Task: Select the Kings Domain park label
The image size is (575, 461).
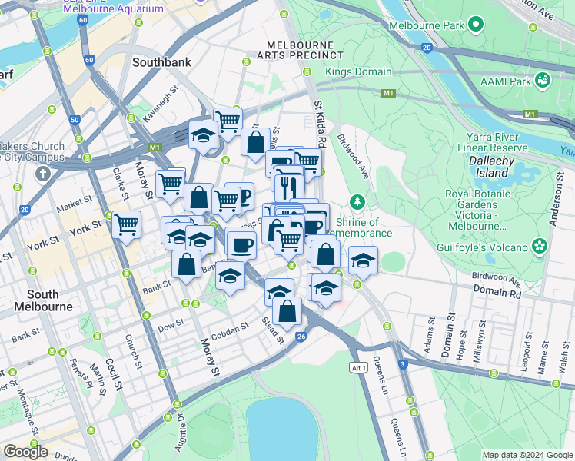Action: tap(358, 72)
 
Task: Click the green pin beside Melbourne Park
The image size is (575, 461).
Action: tap(476, 25)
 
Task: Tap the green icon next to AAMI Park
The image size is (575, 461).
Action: tap(543, 80)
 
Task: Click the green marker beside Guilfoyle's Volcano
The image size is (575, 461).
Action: tap(540, 247)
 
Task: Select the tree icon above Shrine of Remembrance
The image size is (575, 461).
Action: tap(357, 203)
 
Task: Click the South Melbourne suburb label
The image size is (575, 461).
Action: tap(42, 300)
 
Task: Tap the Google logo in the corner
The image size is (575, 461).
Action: tap(25, 452)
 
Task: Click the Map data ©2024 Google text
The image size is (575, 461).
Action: tap(527, 455)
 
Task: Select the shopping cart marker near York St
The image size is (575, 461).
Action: tap(126, 225)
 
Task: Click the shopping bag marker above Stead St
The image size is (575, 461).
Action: tap(287, 311)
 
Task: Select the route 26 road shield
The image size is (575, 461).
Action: tap(301, 337)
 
